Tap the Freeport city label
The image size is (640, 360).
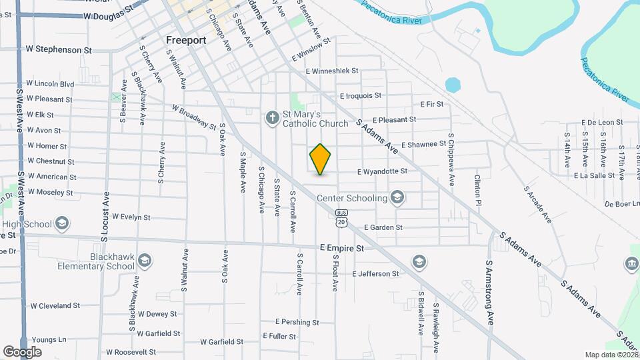[186, 40]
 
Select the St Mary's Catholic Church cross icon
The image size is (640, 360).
[272, 118]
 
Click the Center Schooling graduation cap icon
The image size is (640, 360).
[397, 197]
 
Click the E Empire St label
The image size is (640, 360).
[341, 247]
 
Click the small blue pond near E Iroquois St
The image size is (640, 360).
[453, 85]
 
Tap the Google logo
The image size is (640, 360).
[22, 351]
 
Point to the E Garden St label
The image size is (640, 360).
[383, 227]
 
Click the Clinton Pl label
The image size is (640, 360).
[477, 190]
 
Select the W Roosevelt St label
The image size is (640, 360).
[125, 352]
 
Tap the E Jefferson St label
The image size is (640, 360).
[375, 274]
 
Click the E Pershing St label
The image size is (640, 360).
[297, 322]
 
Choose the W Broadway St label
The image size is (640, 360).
[194, 117]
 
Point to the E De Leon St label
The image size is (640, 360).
[602, 123]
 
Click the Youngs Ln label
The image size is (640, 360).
[49, 339]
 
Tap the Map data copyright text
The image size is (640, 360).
[611, 355]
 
